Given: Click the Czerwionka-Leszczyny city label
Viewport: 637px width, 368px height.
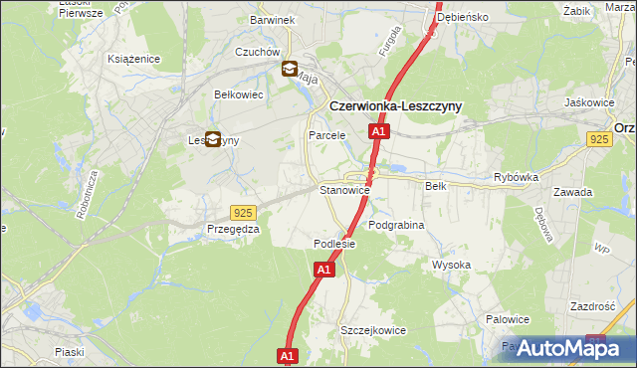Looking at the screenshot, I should click(396, 105).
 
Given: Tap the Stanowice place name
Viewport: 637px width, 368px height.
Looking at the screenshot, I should click(344, 189).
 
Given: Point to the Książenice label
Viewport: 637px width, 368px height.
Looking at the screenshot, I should click(134, 59).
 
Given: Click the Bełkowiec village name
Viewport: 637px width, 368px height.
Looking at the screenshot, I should click(238, 94).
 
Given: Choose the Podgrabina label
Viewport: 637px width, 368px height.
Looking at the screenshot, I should click(396, 226).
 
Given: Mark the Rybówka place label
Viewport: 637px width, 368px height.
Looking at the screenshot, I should click(516, 178).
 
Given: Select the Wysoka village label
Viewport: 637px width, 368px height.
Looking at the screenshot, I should click(451, 265).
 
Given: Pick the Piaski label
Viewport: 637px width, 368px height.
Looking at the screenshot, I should click(70, 352).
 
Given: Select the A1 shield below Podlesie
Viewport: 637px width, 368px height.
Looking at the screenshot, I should click(324, 270).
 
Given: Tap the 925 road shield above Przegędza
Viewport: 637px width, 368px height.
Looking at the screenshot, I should click(243, 213).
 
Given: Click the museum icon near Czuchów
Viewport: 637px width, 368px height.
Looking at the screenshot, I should click(290, 69).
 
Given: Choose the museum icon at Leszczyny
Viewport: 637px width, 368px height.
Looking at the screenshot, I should click(212, 140).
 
